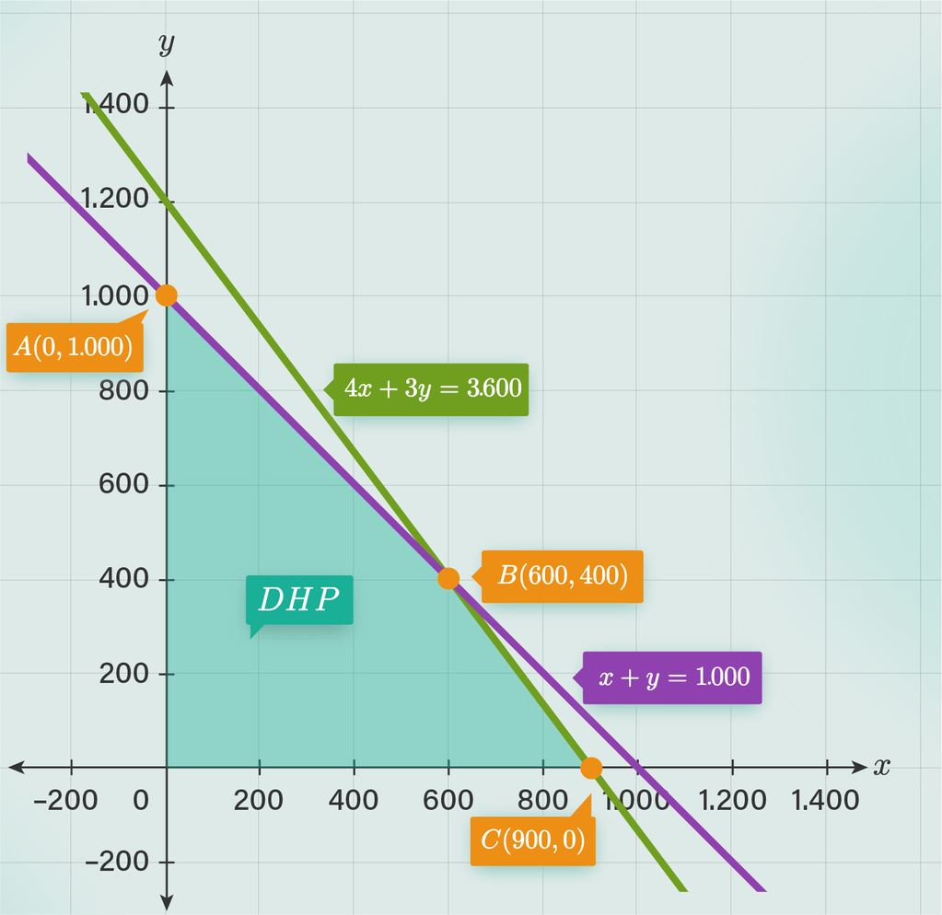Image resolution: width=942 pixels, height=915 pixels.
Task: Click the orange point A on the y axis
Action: [x=166, y=295]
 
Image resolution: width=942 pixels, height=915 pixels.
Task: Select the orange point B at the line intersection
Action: [x=448, y=578]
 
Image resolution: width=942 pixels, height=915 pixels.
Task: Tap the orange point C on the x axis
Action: [x=591, y=767]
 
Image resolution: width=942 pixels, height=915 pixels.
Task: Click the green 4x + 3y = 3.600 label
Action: [x=432, y=388]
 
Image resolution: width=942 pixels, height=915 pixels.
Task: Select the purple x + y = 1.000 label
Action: [x=673, y=678]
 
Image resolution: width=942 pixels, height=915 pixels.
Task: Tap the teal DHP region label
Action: [x=299, y=600]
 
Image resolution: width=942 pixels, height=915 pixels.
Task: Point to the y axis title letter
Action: [x=166, y=43]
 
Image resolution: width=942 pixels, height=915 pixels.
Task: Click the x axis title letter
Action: [x=882, y=766]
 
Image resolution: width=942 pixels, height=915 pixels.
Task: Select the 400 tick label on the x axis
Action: [x=354, y=800]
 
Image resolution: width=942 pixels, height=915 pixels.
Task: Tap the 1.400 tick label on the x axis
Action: [x=825, y=800]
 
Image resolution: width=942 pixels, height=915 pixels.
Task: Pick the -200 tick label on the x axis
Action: [x=64, y=800]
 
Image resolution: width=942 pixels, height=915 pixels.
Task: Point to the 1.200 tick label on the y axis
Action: [x=115, y=200]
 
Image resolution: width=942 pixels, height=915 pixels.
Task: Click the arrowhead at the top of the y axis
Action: [x=167, y=76]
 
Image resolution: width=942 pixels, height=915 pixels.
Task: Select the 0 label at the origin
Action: [x=140, y=800]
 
